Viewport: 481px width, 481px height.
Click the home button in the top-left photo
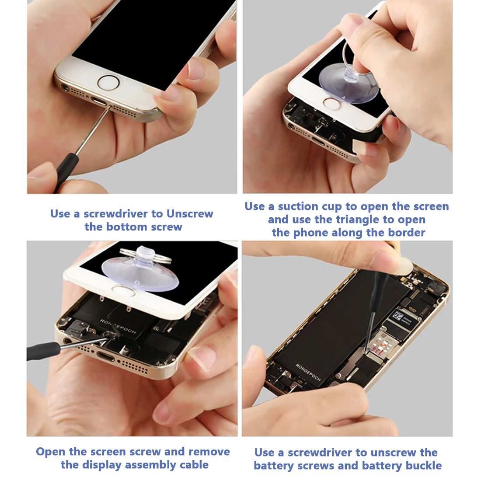tap(108, 83)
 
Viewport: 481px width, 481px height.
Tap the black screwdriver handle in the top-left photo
tap(65, 172)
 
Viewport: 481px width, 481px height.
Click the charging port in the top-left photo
tap(99, 101)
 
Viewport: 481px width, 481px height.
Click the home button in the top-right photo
tap(331, 104)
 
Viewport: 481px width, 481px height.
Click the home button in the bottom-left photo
tap(123, 290)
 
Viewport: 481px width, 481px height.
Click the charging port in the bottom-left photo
tap(105, 357)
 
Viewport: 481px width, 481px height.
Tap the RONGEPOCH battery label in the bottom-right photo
tap(308, 372)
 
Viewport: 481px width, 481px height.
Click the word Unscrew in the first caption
tap(190, 213)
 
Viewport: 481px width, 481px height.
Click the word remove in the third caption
tap(209, 452)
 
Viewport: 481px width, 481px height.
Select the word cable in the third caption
tap(194, 465)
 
